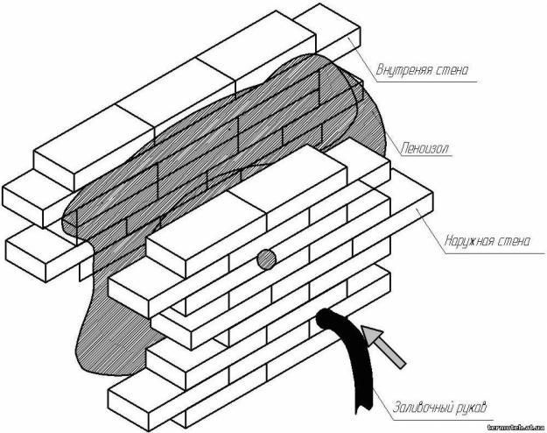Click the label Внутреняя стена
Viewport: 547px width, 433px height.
(x=424, y=68)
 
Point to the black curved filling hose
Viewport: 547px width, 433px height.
(x=355, y=368)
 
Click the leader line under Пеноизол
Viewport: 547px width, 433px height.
(x=429, y=160)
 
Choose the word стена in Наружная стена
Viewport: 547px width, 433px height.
(x=511, y=240)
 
